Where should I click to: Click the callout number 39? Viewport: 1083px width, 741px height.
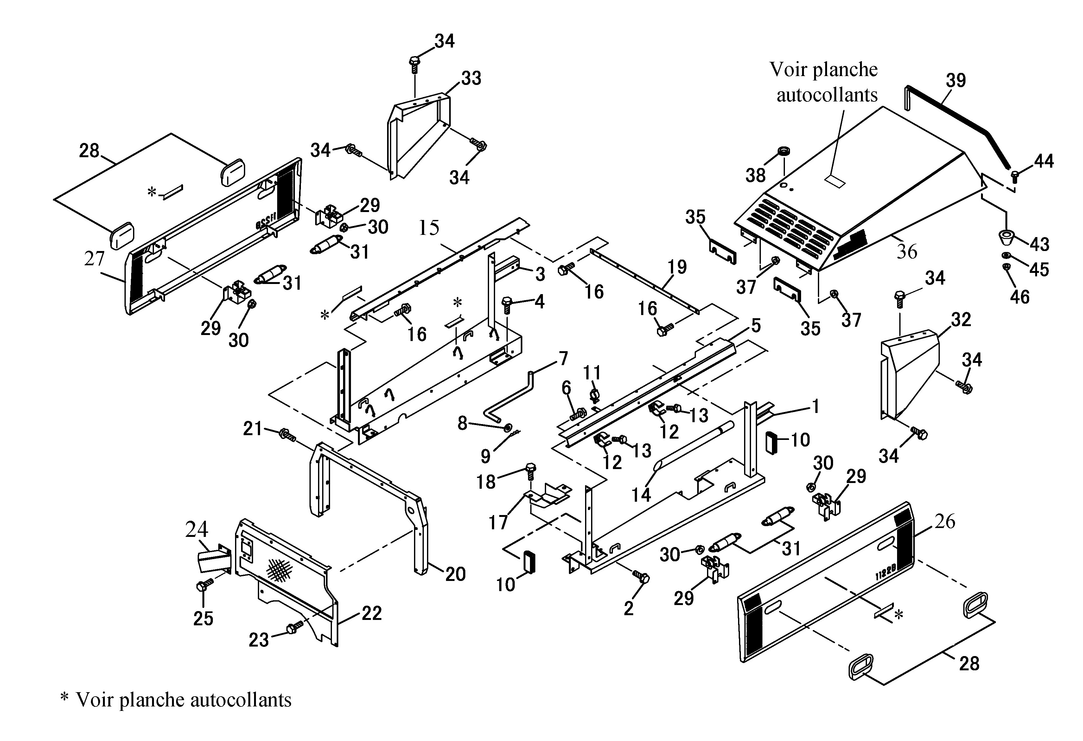point(956,81)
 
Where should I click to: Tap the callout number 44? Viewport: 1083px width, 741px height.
point(1044,161)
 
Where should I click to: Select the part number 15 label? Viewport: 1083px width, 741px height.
point(429,228)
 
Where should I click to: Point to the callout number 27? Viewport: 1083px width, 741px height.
point(95,258)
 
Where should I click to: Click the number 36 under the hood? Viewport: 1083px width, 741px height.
point(907,252)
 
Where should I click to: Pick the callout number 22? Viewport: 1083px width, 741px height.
point(372,613)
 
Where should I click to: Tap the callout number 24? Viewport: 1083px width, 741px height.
point(197,529)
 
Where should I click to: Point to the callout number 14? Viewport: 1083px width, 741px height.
point(641,495)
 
